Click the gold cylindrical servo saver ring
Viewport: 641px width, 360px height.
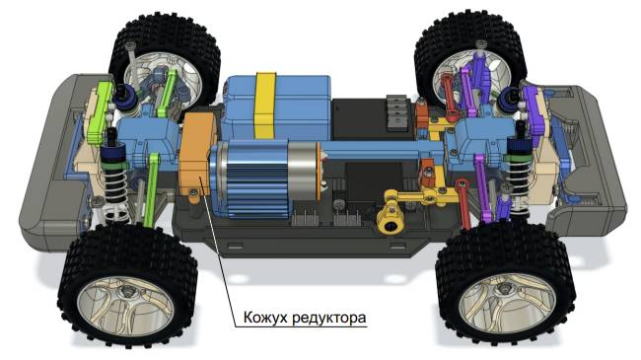392,223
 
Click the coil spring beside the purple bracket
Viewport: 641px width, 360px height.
523,179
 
